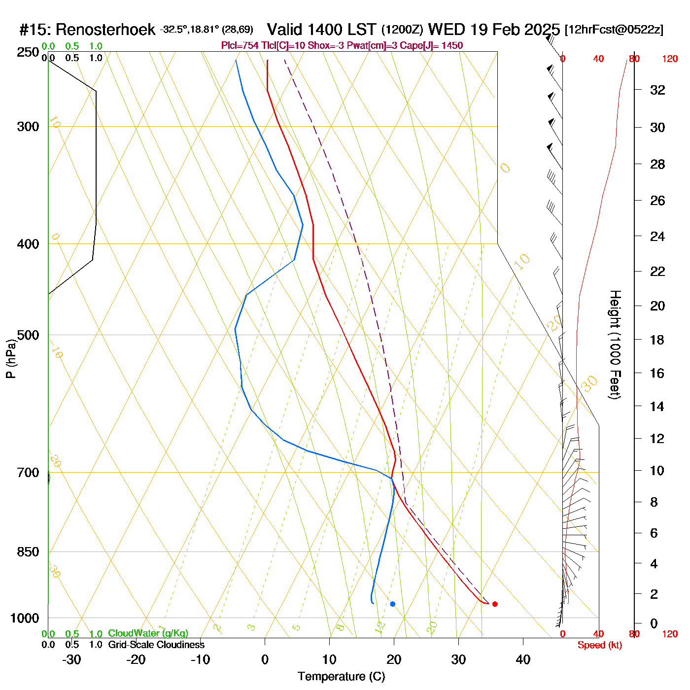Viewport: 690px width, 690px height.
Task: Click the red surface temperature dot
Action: point(495,604)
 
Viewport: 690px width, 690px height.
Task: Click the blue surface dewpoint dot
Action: point(392,604)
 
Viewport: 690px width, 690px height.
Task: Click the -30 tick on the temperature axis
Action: point(71,659)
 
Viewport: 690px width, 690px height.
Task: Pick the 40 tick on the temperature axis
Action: point(523,659)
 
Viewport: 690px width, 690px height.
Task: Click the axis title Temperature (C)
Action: point(341,677)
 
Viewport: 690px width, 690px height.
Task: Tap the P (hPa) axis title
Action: point(11,359)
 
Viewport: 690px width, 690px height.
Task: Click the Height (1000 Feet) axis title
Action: point(615,345)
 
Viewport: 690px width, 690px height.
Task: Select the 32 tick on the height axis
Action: point(657,90)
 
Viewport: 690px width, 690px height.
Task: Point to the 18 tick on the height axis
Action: point(657,340)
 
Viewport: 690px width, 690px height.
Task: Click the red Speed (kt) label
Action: point(600,645)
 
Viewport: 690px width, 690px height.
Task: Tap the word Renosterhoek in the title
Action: point(105,30)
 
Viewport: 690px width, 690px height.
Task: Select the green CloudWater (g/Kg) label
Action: point(148,633)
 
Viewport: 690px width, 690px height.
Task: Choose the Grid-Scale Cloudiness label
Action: point(156,645)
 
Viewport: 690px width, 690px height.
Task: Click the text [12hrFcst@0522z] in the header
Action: point(614,30)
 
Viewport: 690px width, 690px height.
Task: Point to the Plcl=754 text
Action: point(240,46)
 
